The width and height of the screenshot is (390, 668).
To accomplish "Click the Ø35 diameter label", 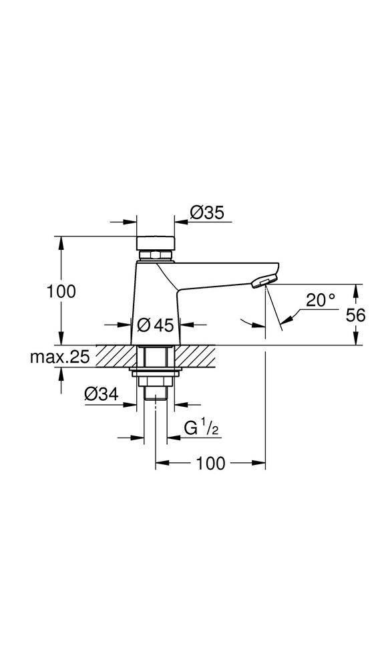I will (206, 213).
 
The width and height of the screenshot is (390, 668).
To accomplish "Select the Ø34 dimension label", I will (102, 395).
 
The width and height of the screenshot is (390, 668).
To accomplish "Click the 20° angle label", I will (321, 300).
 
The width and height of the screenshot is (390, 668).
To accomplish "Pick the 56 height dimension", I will (356, 315).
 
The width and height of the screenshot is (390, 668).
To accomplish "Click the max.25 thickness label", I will (59, 357).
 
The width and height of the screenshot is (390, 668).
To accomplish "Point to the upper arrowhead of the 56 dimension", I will (355, 289).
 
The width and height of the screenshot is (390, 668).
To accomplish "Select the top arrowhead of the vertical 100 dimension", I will (61, 242).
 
